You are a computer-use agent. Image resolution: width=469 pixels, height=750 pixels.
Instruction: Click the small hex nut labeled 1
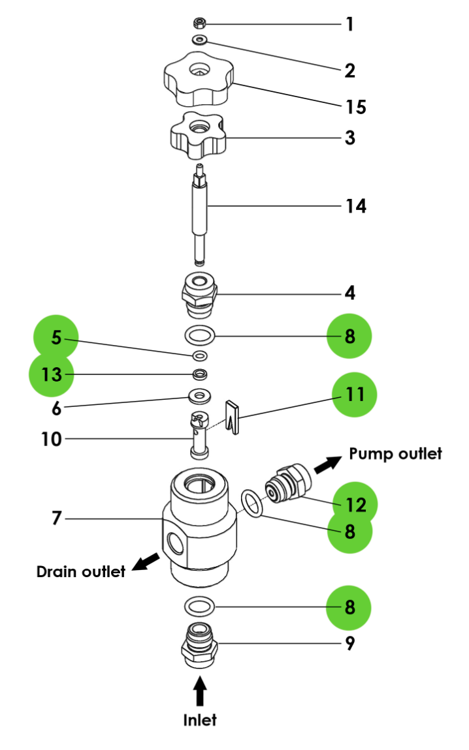coord(201,24)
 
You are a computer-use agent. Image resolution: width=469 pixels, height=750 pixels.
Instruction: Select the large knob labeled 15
coord(197,81)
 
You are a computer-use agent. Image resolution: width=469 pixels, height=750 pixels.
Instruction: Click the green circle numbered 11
coord(355,395)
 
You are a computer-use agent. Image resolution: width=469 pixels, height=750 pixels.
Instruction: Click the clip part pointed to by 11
coord(234,415)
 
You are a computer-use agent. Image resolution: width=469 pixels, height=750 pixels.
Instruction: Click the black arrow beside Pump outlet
coord(329,464)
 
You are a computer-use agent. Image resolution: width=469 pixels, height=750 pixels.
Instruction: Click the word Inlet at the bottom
coord(200,720)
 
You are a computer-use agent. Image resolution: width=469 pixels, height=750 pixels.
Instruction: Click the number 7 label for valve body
coord(56,518)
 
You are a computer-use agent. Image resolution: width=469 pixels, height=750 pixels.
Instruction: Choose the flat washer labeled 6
coord(199,395)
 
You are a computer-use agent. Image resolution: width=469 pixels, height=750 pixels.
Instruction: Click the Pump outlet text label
coord(395,453)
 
